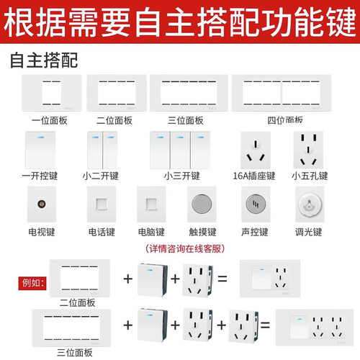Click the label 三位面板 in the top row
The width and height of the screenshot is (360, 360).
(189, 120)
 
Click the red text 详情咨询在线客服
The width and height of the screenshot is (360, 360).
(186, 248)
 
